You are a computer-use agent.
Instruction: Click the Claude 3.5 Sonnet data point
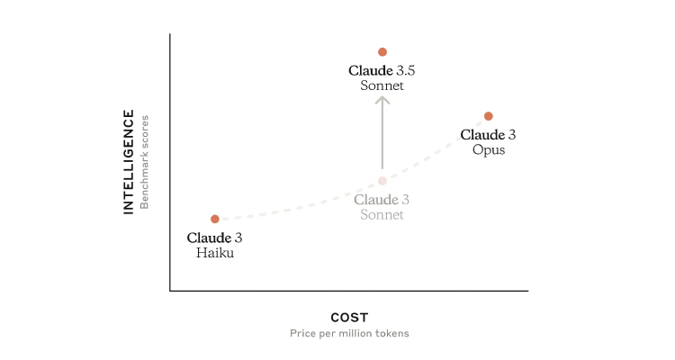pyautogui.click(x=382, y=52)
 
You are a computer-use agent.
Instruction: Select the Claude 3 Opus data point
pyautogui.click(x=488, y=116)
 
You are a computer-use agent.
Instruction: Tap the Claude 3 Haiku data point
pyautogui.click(x=215, y=220)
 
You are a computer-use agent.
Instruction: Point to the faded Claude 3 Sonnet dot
pyautogui.click(x=382, y=181)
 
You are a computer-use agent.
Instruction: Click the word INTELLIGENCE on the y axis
pyautogui.click(x=129, y=162)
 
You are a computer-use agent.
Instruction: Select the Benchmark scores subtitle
pyautogui.click(x=144, y=162)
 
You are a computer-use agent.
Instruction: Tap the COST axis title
pyautogui.click(x=349, y=318)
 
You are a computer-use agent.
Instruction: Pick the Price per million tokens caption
pyautogui.click(x=349, y=333)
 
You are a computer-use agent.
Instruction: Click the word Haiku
pyautogui.click(x=215, y=253)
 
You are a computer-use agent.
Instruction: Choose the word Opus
pyautogui.click(x=489, y=150)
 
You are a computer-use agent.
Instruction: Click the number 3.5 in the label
pyautogui.click(x=406, y=70)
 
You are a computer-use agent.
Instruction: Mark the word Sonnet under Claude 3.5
pyautogui.click(x=382, y=85)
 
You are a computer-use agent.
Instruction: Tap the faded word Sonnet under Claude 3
pyautogui.click(x=382, y=215)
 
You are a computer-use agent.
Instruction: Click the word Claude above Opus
pyautogui.click(x=482, y=135)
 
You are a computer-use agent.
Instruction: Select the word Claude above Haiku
pyautogui.click(x=209, y=238)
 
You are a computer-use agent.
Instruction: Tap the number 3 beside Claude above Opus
pyautogui.click(x=511, y=135)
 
